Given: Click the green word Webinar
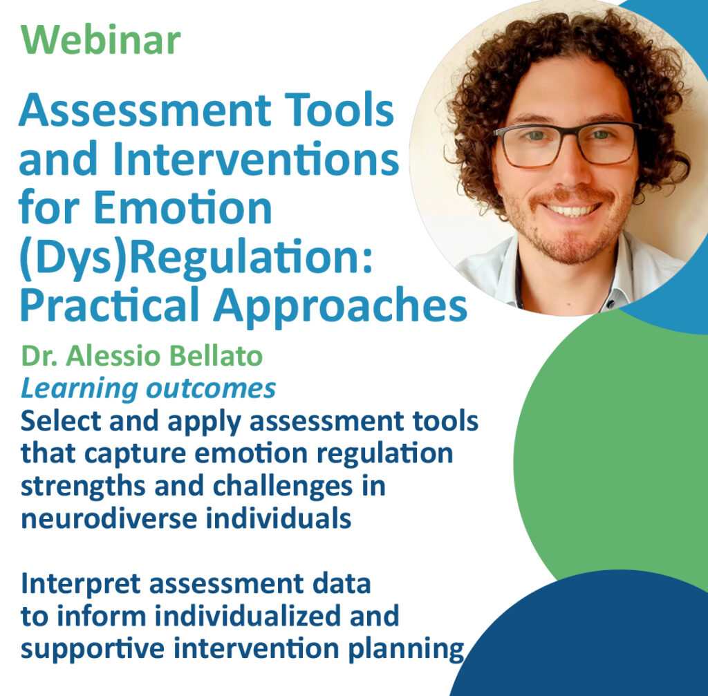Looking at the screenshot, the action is [101, 39].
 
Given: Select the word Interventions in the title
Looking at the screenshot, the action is [256, 158].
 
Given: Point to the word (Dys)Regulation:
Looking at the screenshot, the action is [196, 258].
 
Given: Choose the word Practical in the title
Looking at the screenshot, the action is [110, 305].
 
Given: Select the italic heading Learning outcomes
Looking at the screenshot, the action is [148, 389].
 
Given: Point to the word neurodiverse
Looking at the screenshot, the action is [109, 518].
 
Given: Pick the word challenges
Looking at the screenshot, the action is [283, 487].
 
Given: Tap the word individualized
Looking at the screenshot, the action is [248, 616].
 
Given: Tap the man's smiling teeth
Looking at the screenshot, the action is [572, 210].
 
